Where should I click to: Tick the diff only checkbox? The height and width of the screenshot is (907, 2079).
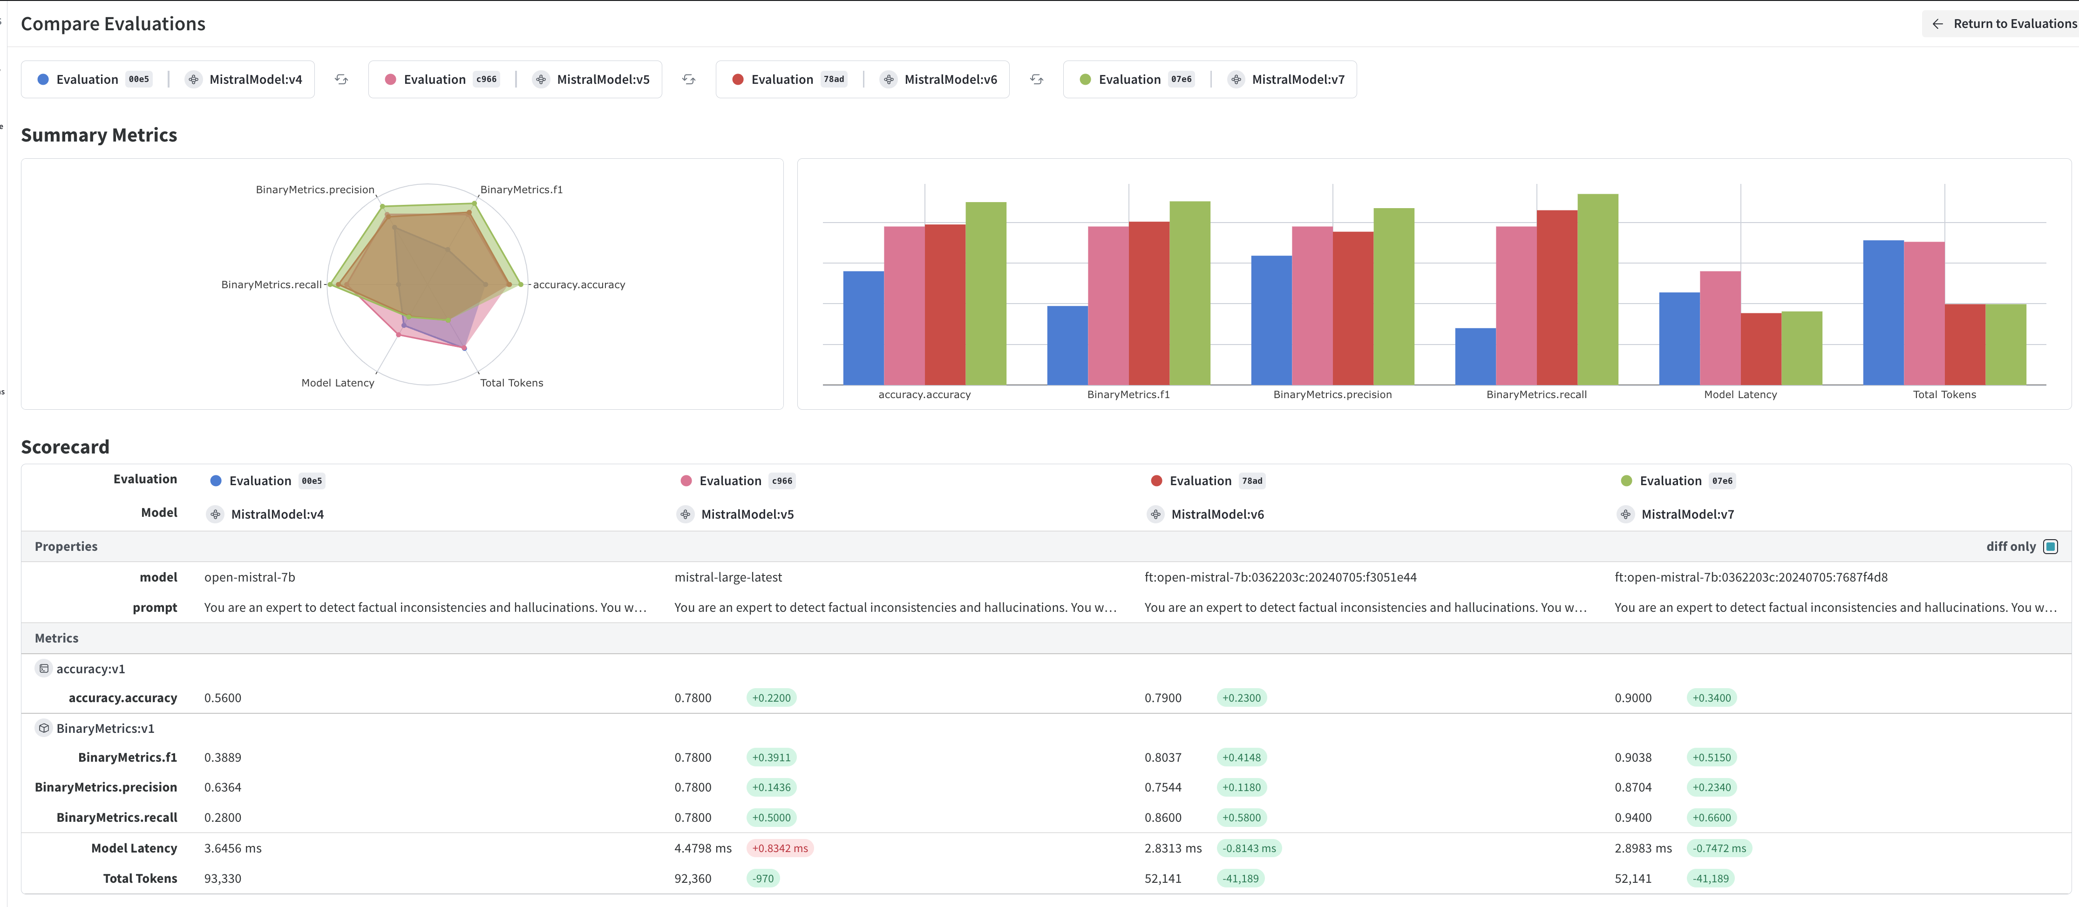pos(2050,546)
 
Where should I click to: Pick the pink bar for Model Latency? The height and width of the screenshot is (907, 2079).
pos(1720,328)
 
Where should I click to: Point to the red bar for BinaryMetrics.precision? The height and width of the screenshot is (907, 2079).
pos(1352,308)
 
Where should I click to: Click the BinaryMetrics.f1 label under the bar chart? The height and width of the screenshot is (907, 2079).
pos(1128,394)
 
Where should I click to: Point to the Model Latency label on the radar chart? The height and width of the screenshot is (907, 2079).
pos(337,382)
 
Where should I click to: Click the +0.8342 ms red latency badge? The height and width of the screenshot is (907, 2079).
pos(780,848)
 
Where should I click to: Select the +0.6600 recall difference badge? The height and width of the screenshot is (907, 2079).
pos(1712,818)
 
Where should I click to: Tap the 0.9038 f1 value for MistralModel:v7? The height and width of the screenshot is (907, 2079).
pos(1633,757)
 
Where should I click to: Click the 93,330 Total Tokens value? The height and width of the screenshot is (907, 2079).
pos(223,878)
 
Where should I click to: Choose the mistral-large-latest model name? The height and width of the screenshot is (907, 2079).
pos(728,577)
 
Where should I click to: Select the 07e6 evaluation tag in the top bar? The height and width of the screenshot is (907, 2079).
pos(1181,79)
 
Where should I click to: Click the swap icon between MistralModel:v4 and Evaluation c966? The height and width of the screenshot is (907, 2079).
pos(341,79)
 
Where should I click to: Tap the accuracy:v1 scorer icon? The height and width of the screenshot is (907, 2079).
pos(44,668)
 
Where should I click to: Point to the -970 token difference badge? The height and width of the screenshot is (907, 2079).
pos(763,878)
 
